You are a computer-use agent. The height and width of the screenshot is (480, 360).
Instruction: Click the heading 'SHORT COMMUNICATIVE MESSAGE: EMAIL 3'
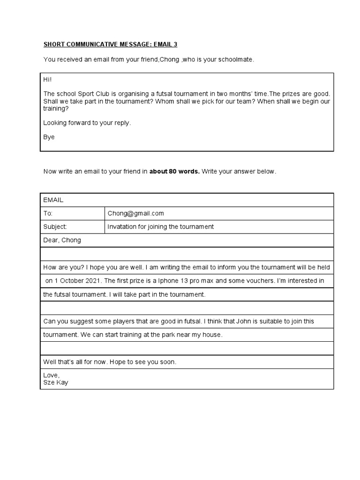(x=111, y=45)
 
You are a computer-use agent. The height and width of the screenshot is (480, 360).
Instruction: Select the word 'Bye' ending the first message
(x=49, y=137)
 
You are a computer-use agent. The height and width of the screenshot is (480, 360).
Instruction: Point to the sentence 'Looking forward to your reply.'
(x=87, y=123)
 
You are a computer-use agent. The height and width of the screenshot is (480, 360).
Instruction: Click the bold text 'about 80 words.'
(x=174, y=172)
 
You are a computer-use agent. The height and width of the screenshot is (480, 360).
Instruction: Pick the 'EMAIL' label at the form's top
(x=53, y=200)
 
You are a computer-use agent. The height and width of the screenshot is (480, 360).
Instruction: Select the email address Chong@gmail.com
(x=136, y=213)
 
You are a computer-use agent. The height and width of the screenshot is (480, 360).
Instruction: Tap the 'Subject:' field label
(x=55, y=226)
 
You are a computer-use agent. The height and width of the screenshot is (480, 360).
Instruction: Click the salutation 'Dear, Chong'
(x=62, y=240)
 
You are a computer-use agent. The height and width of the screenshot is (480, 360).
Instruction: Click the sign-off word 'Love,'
(x=52, y=375)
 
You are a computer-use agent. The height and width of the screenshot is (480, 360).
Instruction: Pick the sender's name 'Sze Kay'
(x=56, y=382)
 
